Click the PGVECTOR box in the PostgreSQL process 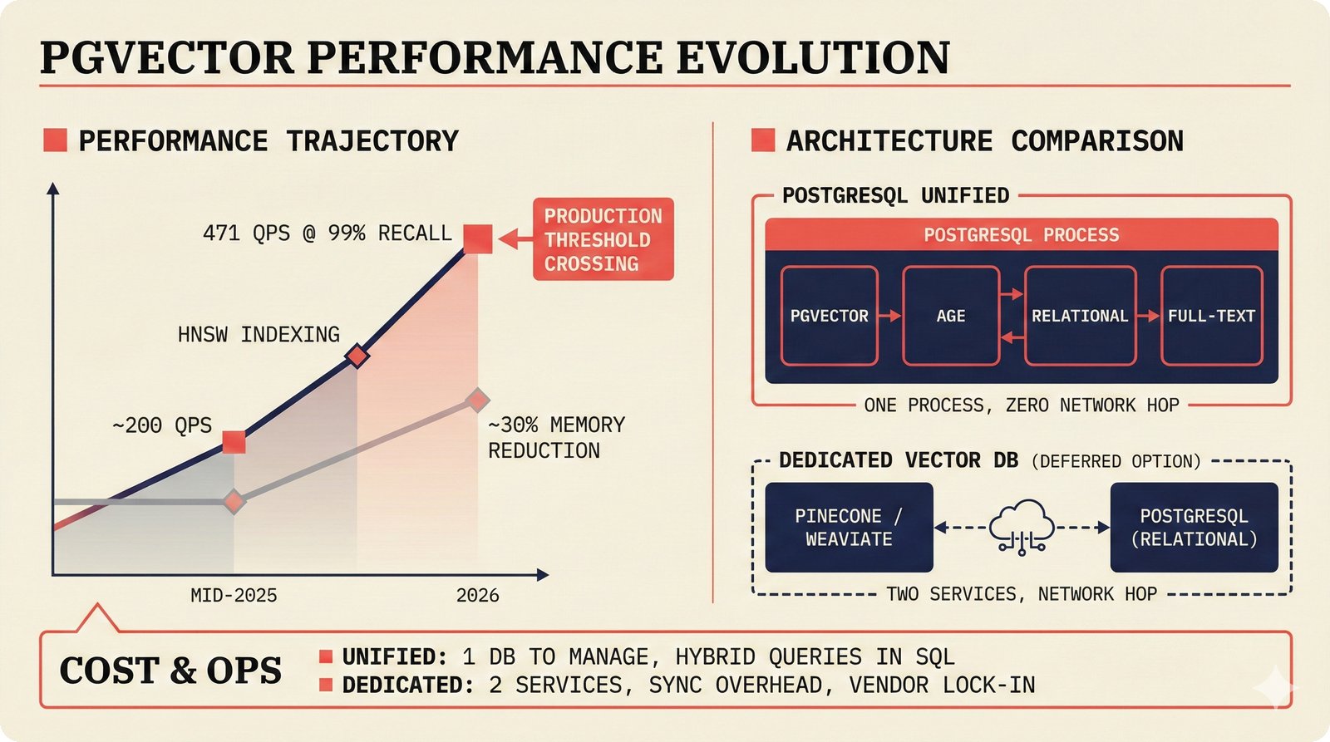[829, 316]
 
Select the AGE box [950, 316]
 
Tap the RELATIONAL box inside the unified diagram [1080, 316]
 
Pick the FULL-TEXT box [1211, 316]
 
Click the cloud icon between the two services [1022, 526]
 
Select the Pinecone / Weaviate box [849, 527]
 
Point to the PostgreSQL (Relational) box [1194, 527]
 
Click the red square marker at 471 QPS [478, 239]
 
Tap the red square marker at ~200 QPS [234, 442]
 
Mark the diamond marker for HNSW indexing [357, 356]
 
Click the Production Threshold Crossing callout [603, 239]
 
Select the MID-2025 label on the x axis [234, 595]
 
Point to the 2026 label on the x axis [477, 595]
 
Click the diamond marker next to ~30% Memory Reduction [477, 400]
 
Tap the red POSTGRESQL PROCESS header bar [1021, 235]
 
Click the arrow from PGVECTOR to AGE [889, 316]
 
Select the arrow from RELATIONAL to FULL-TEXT [1148, 316]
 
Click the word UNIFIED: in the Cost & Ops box [395, 657]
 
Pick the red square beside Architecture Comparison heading [762, 140]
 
